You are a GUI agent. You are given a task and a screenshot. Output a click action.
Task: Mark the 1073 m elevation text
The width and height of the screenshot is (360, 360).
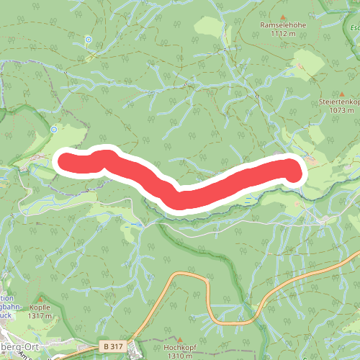342,110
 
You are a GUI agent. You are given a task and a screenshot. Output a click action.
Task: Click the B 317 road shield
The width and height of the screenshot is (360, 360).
111,346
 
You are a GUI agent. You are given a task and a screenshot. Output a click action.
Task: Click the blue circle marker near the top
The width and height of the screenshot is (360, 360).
88,39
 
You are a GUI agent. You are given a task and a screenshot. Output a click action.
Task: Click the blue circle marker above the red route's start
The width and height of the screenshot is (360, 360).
54,130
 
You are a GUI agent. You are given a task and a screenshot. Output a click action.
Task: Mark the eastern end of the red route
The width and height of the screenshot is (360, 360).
294,171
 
